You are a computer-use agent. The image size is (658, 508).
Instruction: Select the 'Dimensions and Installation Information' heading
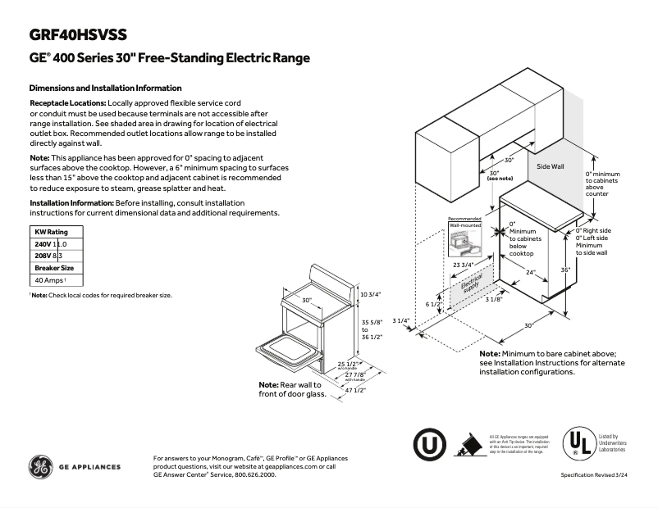tap(106, 88)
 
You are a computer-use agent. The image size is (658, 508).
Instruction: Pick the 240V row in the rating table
tap(50, 244)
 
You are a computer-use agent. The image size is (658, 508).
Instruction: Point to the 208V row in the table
tap(49, 256)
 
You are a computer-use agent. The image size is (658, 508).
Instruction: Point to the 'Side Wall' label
tap(551, 166)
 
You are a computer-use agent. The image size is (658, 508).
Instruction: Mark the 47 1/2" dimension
tap(354, 391)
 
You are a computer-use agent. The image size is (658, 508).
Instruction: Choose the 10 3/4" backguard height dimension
tap(371, 293)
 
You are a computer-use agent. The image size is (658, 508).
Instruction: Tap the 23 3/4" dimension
tap(463, 265)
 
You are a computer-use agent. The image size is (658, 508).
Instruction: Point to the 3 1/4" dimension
tap(401, 320)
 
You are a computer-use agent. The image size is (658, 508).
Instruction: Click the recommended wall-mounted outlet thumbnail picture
tap(464, 238)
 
